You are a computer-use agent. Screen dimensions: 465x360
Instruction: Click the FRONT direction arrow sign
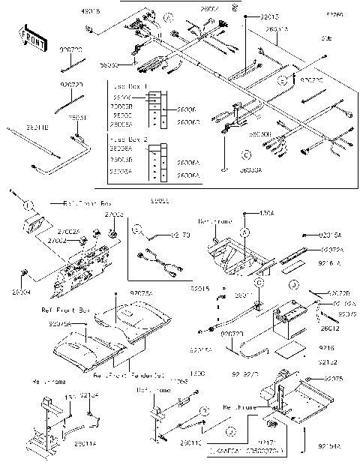[30, 38]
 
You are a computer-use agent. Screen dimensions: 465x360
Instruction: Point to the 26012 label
[330, 328]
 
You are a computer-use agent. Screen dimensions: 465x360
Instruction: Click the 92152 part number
[328, 361]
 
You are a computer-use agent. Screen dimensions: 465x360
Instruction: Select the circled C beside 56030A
[244, 155]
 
